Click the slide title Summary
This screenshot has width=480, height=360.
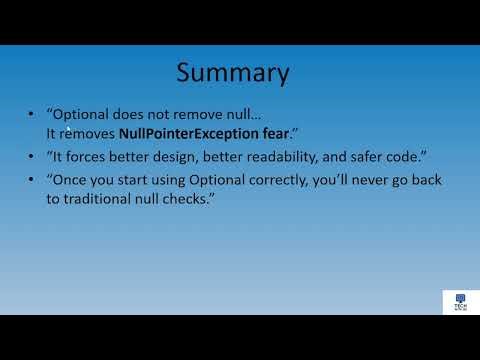click(233, 73)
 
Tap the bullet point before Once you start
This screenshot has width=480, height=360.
click(36, 179)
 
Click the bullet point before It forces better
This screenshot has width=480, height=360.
click(36, 155)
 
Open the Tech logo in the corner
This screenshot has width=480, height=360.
click(460, 302)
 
